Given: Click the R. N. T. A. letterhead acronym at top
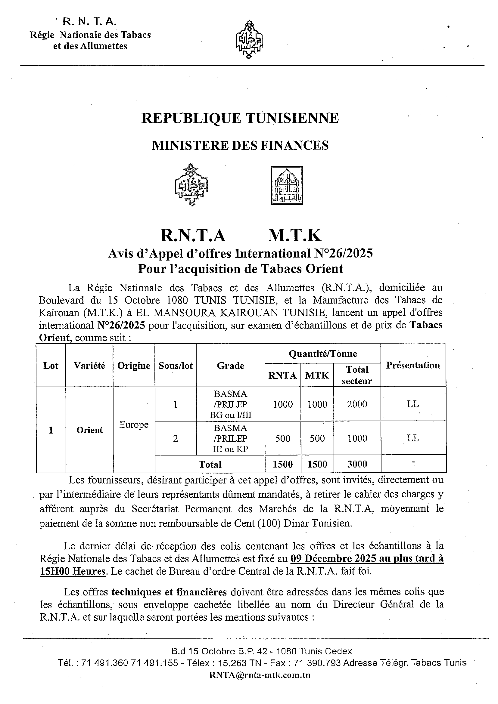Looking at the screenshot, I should pos(89,22).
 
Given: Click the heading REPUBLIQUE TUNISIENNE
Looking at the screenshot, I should pos(240,118).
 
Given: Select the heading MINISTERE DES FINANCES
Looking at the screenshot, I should pos(240,145).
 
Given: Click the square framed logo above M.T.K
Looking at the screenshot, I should pos(287,186).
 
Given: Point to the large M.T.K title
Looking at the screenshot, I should pos(294,236).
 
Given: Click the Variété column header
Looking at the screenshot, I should pos(89,366).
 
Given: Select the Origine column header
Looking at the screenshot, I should pos(134,366).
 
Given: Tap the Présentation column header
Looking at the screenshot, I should pos(413,365).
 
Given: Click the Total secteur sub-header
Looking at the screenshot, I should pos(357,375).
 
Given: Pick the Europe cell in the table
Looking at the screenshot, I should pos(134,425).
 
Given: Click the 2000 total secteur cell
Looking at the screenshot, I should pos(357,404).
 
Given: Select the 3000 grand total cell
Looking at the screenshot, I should pos(357,464).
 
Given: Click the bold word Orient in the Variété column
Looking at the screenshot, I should pos(89,430).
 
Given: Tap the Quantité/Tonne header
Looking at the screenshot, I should pos(323,354).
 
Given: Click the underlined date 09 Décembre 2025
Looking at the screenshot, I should pos(333,558).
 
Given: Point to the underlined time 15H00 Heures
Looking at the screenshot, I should pos(73,571).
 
